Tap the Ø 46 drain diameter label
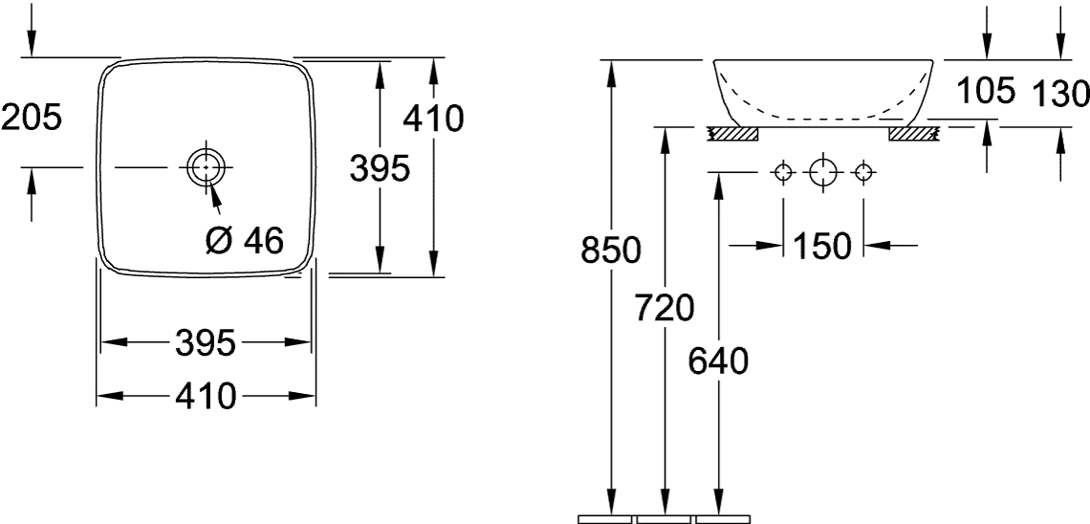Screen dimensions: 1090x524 point(246,240)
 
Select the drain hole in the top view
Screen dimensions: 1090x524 point(206,166)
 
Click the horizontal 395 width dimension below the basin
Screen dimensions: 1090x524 point(205,342)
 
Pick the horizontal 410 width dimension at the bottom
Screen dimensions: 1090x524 point(205,396)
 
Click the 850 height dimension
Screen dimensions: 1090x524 point(611,251)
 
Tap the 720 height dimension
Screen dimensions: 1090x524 point(665,308)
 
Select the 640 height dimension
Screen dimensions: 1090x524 point(718,360)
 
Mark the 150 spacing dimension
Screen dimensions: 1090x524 point(822,246)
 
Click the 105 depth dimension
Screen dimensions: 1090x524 point(987,90)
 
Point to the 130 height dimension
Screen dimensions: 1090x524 point(1060,94)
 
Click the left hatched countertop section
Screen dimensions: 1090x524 point(732,134)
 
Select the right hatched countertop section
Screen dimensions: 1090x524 point(915,134)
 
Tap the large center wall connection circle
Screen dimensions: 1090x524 point(823,172)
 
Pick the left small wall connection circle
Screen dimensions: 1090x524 point(783,172)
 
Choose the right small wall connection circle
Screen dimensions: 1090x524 point(862,172)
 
